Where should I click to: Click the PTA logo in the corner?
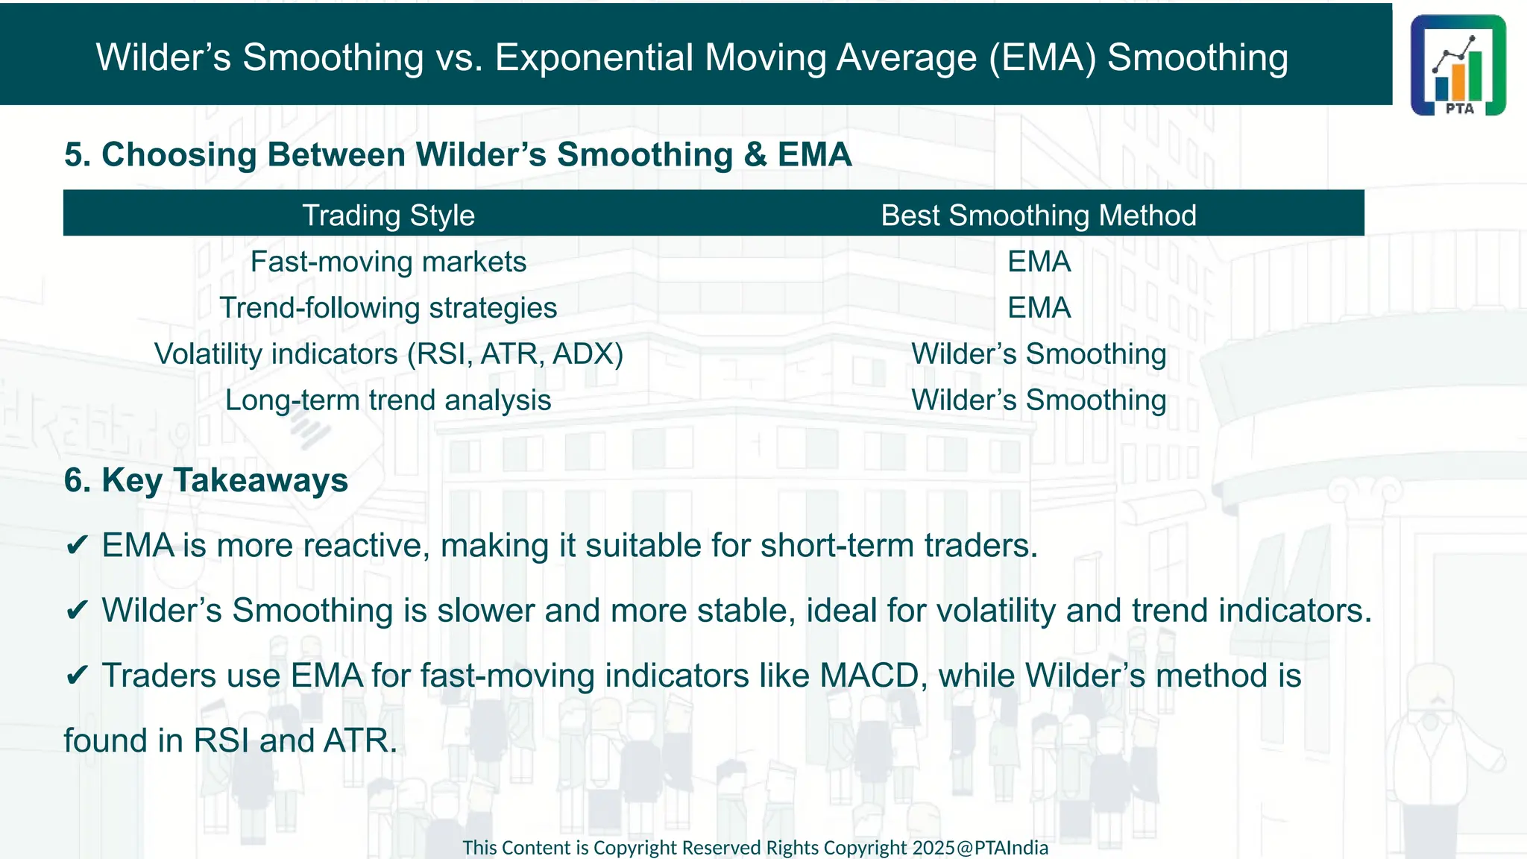1458,66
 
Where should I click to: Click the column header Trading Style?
388,215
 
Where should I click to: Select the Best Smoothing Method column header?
1038,215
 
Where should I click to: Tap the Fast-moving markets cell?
388,262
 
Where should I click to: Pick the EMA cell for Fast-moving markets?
1039,262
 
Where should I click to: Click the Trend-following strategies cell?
388,308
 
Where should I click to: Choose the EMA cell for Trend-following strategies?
1039,308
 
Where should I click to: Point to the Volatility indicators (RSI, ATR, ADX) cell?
388,354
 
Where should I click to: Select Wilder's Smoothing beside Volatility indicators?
1039,354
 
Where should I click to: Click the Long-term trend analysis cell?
388,400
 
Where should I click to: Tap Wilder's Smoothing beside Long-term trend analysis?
1039,400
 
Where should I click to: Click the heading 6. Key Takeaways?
206,480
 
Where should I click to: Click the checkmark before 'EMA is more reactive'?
77,546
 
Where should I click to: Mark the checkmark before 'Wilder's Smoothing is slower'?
77,611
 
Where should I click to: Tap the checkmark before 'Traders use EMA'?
77,676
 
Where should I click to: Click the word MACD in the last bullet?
869,676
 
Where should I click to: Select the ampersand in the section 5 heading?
755,155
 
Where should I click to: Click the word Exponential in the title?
594,57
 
